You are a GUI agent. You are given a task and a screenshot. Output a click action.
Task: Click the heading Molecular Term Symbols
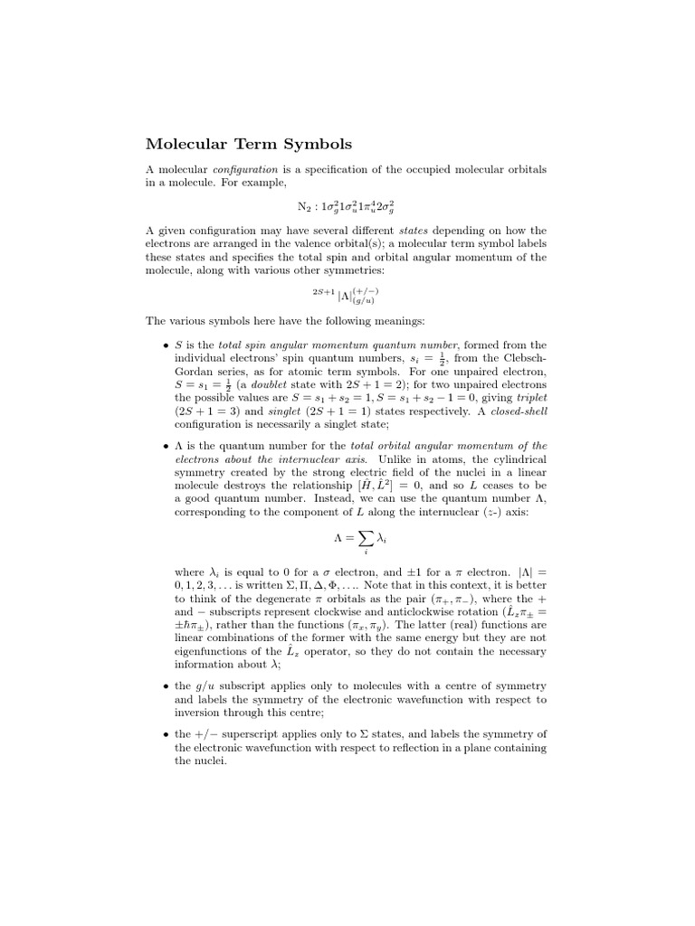[249, 144]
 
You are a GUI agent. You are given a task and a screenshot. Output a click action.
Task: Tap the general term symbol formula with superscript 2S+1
[346, 295]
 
